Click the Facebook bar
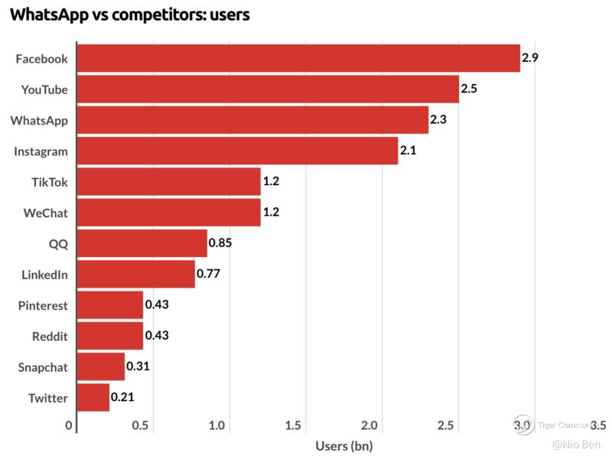click(298, 58)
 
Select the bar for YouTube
click(268, 90)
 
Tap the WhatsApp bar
click(252, 120)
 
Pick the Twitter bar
click(93, 398)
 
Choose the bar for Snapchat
click(101, 367)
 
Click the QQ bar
click(142, 243)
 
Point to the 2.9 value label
click(530, 57)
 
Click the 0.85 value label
click(220, 243)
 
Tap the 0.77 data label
click(208, 274)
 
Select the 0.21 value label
click(122, 397)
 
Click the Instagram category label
click(41, 151)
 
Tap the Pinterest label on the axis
click(43, 305)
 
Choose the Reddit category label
click(50, 336)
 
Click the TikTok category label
click(49, 182)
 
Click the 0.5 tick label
click(140, 425)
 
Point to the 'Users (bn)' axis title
click(343, 445)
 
